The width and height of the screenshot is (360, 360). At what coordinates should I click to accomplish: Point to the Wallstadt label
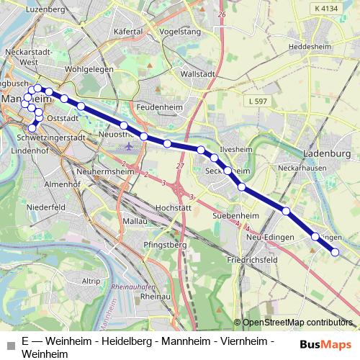pyautogui.click(x=199, y=73)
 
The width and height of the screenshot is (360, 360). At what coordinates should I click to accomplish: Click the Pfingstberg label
pyautogui.click(x=165, y=245)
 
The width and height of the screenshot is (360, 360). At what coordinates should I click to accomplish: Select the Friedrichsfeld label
pyautogui.click(x=252, y=258)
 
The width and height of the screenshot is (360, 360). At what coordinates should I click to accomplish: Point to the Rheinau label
pyautogui.click(x=155, y=296)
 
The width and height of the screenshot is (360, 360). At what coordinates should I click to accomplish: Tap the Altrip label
pyautogui.click(x=91, y=281)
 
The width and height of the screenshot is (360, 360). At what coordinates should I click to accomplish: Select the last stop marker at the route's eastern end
pyautogui.click(x=335, y=251)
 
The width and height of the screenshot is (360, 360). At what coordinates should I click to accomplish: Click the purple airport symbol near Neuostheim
pyautogui.click(x=129, y=147)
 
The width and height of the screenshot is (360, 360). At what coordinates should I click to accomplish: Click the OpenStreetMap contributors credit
pyautogui.click(x=296, y=323)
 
